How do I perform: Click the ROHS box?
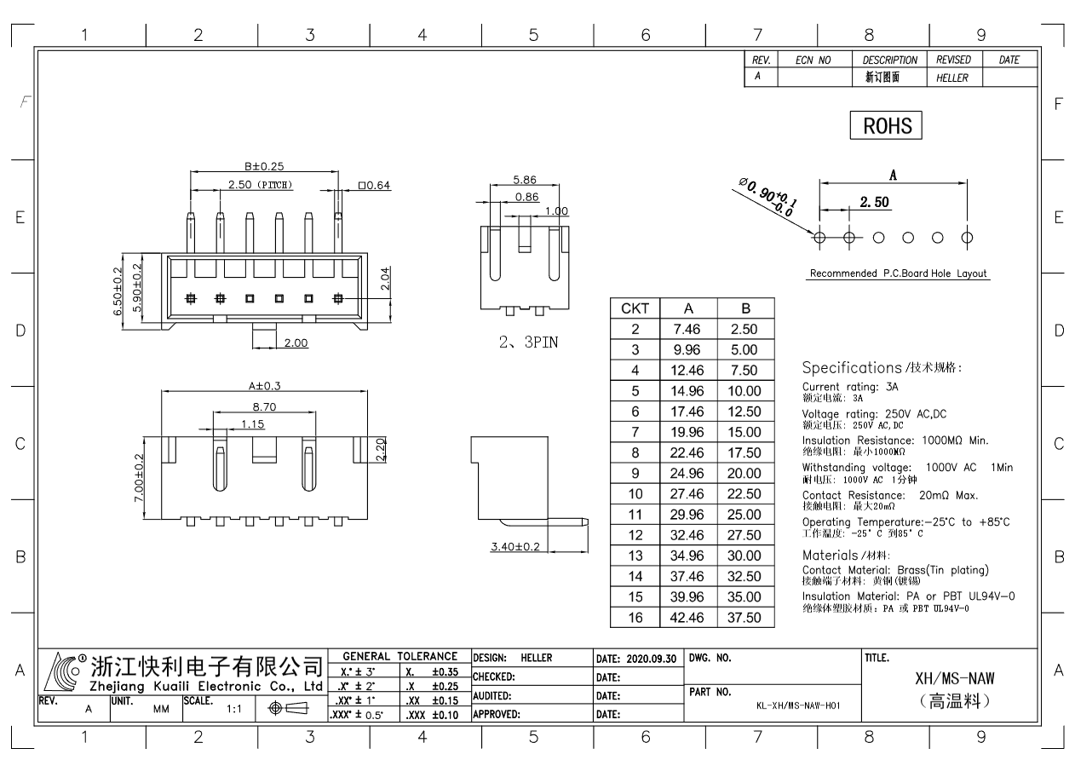[886, 125]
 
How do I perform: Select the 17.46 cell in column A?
[688, 412]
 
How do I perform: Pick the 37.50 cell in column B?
[745, 618]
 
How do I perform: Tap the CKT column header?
[635, 308]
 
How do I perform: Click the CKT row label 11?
[635, 515]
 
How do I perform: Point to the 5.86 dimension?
[525, 180]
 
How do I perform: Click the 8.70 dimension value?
[264, 407]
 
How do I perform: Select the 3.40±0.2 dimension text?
[515, 546]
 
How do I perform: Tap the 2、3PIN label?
[528, 343]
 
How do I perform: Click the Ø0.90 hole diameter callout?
[767, 196]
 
